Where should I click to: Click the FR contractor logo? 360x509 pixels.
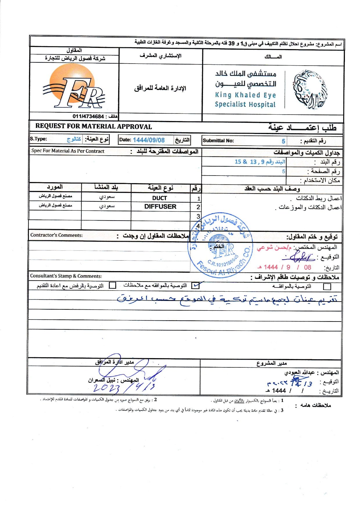[x=74, y=87]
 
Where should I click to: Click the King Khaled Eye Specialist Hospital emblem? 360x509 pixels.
[x=309, y=90]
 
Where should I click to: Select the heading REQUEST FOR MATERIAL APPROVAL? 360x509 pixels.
[x=93, y=127]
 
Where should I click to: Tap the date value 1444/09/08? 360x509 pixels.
[x=149, y=140]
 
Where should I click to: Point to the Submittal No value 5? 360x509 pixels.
[x=283, y=141]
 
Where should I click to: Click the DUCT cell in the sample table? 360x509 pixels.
[x=159, y=198]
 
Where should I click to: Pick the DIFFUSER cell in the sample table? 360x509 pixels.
[x=160, y=207]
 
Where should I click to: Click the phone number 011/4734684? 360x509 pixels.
[x=88, y=116]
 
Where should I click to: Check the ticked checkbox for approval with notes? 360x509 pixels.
[x=196, y=286]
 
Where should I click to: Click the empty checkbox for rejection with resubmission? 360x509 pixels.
[x=112, y=286]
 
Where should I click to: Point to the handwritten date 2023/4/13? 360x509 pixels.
[x=123, y=388]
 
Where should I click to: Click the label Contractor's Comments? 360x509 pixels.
[x=57, y=235]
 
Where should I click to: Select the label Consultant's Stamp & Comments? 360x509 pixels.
[x=66, y=276]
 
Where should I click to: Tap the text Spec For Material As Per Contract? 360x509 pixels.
[x=68, y=151]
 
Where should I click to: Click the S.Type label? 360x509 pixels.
[x=38, y=139]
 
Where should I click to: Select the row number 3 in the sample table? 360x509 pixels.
[x=198, y=216]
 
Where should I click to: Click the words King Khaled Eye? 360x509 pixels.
[x=245, y=95]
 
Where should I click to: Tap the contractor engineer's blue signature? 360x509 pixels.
[x=299, y=257]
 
